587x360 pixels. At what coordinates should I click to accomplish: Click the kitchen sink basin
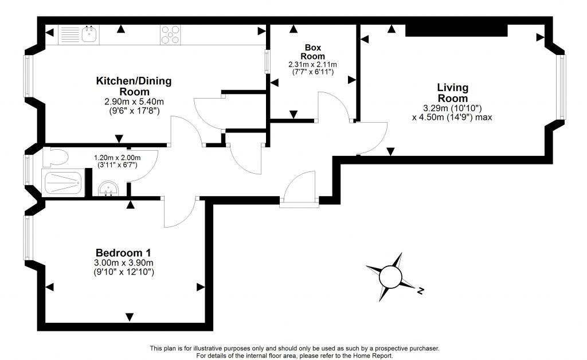[90, 34]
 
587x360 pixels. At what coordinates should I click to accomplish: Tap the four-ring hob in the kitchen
[170, 35]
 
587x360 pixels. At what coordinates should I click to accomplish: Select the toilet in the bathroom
[54, 157]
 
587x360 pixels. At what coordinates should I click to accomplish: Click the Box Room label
[312, 52]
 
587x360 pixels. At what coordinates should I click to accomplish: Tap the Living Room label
[453, 93]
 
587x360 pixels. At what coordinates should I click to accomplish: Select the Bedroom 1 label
[123, 253]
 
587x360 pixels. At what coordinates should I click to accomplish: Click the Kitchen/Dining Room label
[134, 86]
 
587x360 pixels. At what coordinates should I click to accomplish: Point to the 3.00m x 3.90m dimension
[124, 263]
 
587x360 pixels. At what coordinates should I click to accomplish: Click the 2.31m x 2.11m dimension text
[312, 64]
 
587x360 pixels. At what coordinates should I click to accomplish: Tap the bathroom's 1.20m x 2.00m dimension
[117, 158]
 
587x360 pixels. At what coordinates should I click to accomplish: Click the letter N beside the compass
[420, 291]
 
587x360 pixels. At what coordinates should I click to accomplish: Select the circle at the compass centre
[390, 277]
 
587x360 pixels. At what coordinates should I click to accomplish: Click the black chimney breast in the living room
[456, 30]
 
